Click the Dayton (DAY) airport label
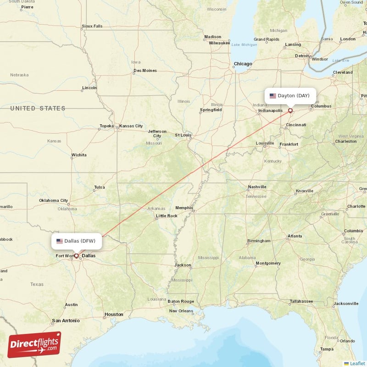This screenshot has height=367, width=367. point(290,96)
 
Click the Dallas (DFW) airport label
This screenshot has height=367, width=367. point(76,241)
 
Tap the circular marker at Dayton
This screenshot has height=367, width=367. point(290,111)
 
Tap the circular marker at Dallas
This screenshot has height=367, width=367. point(76,256)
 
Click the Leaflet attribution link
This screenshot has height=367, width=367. point(357,363)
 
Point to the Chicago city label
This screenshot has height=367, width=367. point(243,64)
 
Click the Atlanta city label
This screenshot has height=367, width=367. point(295,236)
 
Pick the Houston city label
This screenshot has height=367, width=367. point(114,314)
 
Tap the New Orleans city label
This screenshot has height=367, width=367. point(181,311)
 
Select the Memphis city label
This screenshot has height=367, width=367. point(184,207)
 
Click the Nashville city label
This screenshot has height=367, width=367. point(257,187)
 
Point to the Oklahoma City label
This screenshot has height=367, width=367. point(53,200)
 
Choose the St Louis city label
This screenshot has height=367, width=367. point(183,135)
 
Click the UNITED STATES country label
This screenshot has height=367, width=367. point(38,108)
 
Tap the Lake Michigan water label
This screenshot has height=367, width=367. point(244,44)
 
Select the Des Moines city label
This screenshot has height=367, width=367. point(145,71)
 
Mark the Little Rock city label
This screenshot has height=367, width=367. point(167,216)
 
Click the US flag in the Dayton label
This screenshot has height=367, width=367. point(273,96)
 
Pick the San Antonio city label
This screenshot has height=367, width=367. point(66,320)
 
